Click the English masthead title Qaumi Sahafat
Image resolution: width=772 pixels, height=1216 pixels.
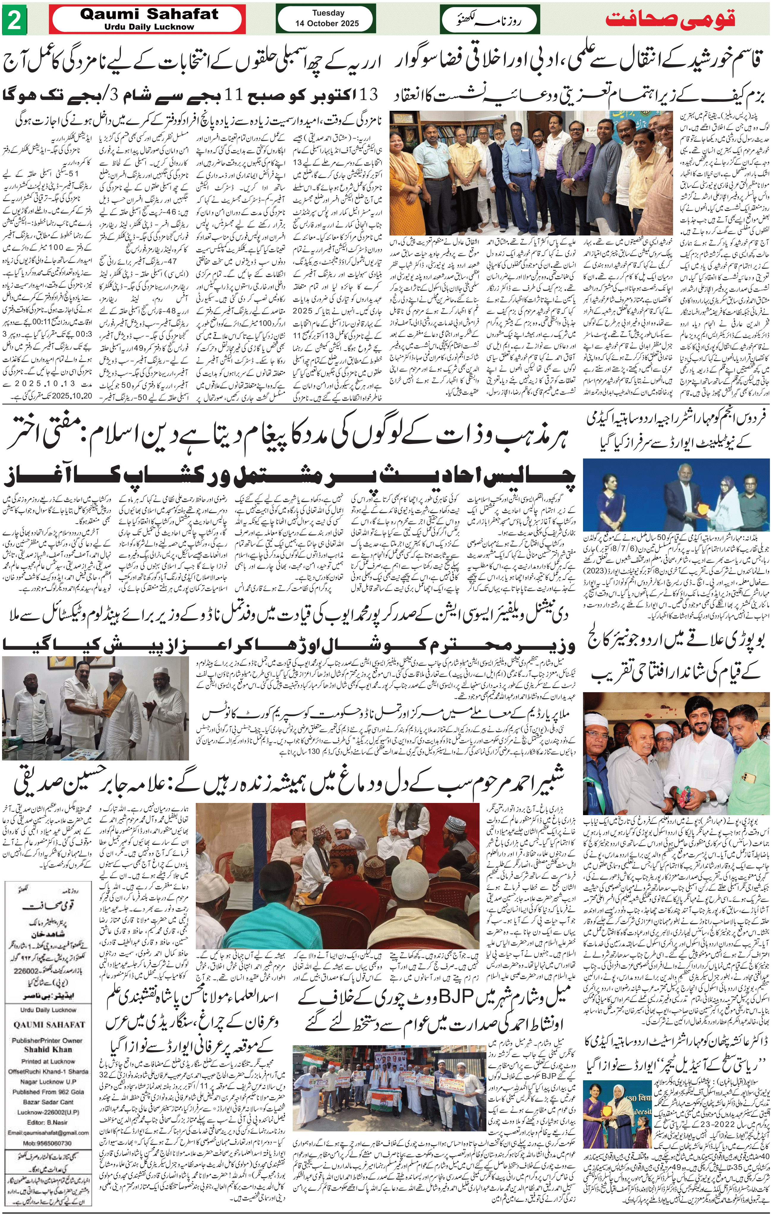click(x=149, y=14)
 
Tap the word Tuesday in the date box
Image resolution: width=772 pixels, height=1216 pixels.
click(x=328, y=13)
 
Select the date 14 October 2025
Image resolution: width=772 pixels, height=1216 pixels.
click(x=328, y=23)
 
